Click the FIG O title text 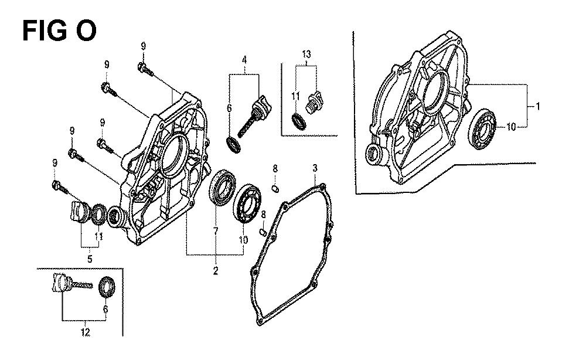(x=59, y=30)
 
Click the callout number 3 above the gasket (x=315, y=168)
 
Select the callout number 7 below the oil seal (x=216, y=232)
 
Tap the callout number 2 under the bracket (x=216, y=271)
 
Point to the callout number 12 (x=86, y=332)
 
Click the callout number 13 (x=306, y=54)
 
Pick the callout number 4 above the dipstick (x=244, y=59)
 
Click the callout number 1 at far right (x=537, y=107)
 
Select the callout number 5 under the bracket (x=90, y=259)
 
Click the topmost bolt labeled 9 (x=145, y=70)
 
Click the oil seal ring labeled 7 (x=222, y=187)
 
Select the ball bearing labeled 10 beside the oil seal (x=247, y=203)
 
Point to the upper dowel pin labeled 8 (x=274, y=188)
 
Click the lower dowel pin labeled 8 (x=263, y=233)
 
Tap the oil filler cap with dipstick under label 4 (x=254, y=116)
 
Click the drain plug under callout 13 (x=314, y=101)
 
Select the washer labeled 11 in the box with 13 (x=299, y=122)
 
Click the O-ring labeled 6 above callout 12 (x=107, y=287)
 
